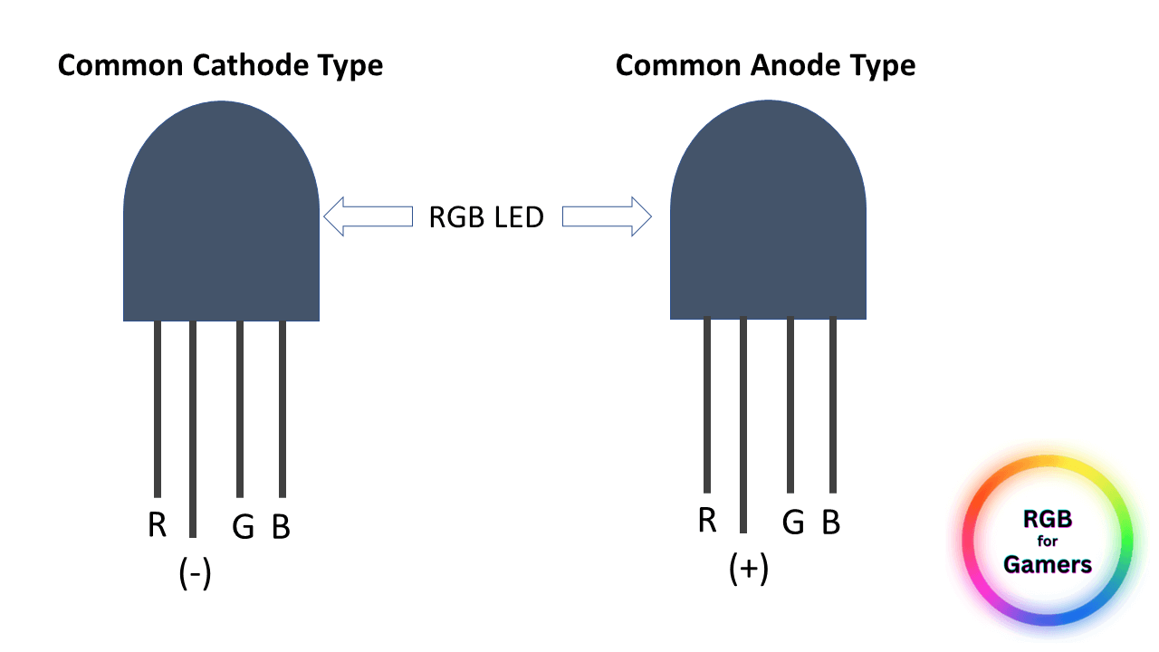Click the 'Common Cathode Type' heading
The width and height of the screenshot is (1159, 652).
pyautogui.click(x=220, y=66)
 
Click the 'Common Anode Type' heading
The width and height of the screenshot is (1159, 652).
pyautogui.click(x=765, y=66)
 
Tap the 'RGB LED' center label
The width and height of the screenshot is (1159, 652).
pyautogui.click(x=486, y=217)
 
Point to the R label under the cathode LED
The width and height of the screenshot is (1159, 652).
pyautogui.click(x=158, y=525)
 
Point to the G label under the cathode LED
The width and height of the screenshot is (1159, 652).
pyautogui.click(x=243, y=527)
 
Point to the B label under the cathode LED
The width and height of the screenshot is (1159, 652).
pyautogui.click(x=282, y=527)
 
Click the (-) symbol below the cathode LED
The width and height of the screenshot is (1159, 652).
pyautogui.click(x=196, y=573)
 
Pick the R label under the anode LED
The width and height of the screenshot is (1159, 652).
pyautogui.click(x=707, y=521)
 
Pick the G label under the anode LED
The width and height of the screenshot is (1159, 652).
pyautogui.click(x=793, y=523)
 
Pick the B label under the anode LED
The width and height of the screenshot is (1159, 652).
pyautogui.click(x=831, y=523)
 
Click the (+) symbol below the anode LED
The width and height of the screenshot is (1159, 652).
pyautogui.click(x=749, y=569)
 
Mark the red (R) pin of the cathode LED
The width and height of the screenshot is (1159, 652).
pyautogui.click(x=158, y=407)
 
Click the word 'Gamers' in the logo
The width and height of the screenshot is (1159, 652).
pyautogui.click(x=1048, y=565)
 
